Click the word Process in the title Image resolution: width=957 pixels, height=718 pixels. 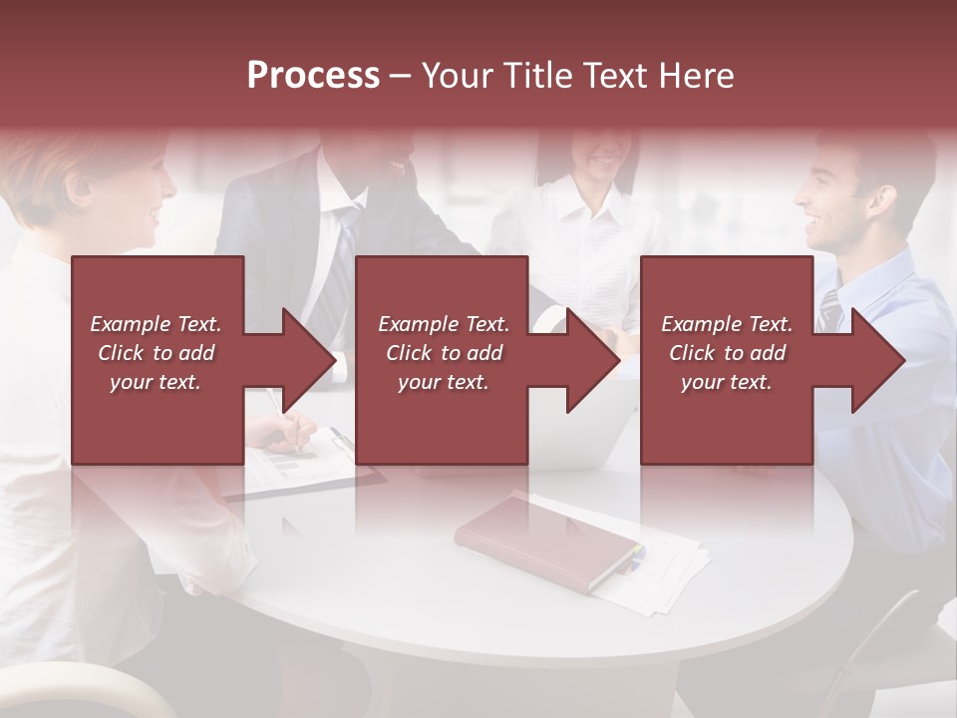pos(313,76)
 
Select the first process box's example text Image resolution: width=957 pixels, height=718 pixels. pos(156,353)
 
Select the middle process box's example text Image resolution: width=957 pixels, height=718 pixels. pos(444,353)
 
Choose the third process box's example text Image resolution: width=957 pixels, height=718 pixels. pos(727,353)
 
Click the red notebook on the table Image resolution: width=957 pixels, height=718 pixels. pos(546,538)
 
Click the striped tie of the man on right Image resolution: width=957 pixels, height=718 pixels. pos(830,309)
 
